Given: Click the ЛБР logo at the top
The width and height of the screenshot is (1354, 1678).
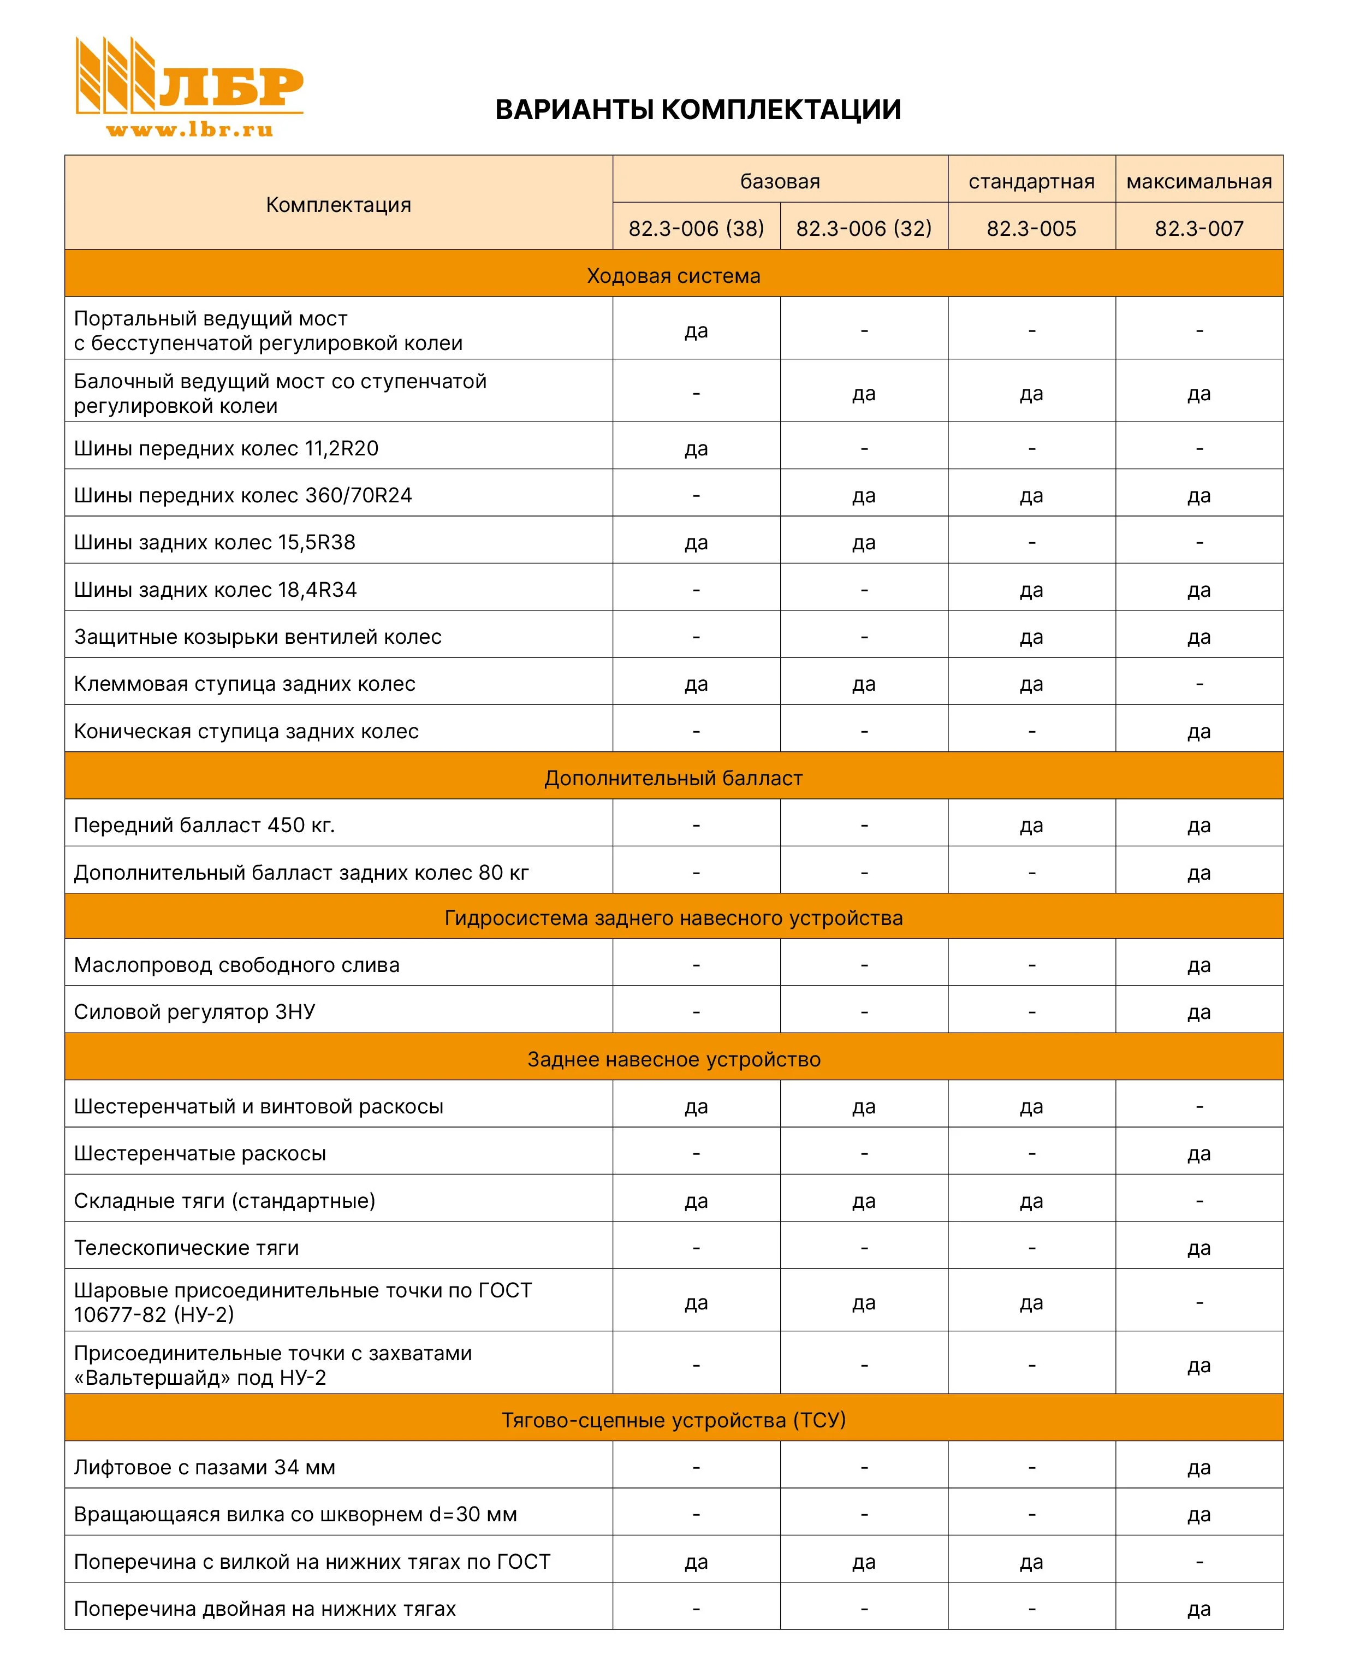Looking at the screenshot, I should pos(189,76).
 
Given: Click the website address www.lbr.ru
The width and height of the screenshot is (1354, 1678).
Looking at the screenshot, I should pos(189,131).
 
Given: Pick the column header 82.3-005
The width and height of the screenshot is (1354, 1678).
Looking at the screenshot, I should pos(1031,229).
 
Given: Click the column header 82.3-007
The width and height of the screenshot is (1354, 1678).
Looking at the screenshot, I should pos(1199,229).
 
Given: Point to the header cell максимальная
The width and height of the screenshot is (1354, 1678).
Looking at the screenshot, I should pos(1199,182).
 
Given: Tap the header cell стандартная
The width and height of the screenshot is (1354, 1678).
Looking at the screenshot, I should pos(1031,182).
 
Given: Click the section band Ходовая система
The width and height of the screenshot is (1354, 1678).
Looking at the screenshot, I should pos(673,275).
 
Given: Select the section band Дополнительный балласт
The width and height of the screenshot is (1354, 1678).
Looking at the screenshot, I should pos(673,778).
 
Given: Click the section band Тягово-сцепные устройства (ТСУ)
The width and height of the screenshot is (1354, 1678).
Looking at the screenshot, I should pos(673,1420).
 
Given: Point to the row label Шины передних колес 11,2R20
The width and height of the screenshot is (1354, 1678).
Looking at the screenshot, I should pos(226,448).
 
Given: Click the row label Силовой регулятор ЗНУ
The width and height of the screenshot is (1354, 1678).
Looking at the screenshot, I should pos(194,1012).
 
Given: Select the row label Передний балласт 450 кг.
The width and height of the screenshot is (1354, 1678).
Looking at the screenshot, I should pos(204,825).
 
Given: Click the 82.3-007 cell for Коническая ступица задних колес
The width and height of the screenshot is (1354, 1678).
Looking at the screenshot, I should pos(1199,732).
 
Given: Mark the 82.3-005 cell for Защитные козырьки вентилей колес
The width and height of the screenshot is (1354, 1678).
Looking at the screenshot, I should pos(1031,637).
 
